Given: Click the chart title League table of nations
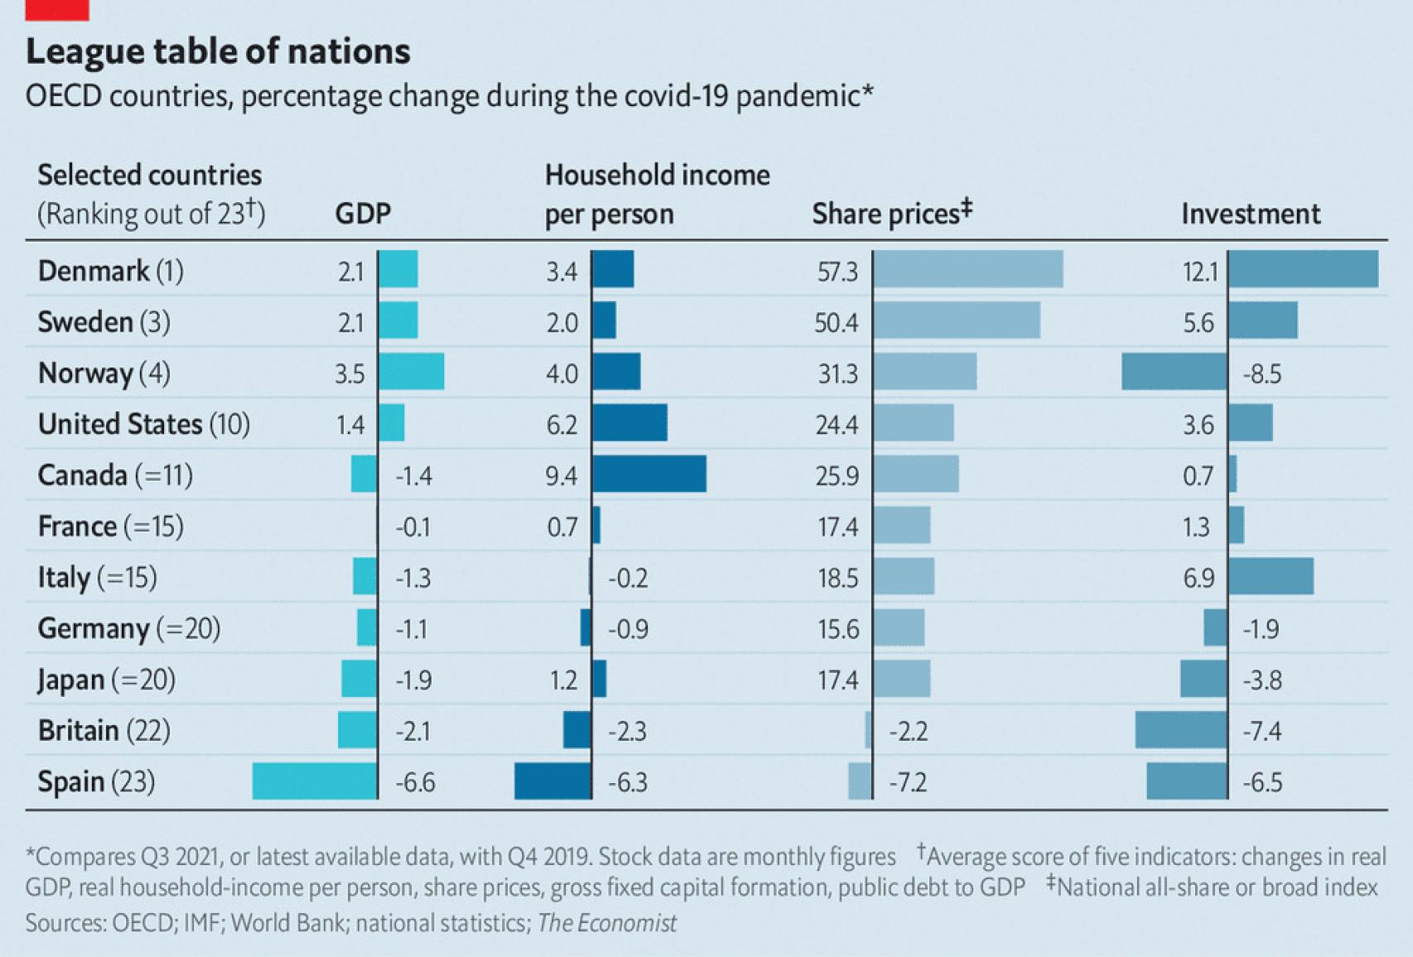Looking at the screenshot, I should (x=218, y=51).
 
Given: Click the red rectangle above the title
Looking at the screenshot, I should (x=57, y=9).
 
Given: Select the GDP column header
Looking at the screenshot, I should (x=363, y=214).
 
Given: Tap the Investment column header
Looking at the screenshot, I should (x=1250, y=214).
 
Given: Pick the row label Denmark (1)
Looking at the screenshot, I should (x=110, y=271).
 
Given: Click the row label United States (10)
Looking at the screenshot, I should (x=143, y=424).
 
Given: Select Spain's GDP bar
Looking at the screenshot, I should (x=315, y=781).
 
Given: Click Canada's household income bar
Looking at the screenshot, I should (x=649, y=474).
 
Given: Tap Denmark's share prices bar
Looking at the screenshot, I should (x=967, y=270).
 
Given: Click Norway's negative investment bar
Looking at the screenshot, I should (x=1174, y=372).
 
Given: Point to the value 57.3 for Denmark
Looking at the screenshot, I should (x=837, y=272).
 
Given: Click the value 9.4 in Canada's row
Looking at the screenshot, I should (x=561, y=476).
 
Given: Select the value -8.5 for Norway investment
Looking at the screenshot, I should (x=1261, y=374).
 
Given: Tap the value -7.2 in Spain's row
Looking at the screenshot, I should (x=907, y=782).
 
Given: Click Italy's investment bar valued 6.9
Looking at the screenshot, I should (x=1271, y=576).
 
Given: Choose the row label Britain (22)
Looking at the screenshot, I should (x=104, y=730).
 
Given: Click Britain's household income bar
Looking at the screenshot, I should (x=577, y=730).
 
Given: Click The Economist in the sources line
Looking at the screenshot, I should (x=607, y=923).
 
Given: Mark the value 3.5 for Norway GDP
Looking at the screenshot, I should (x=350, y=374).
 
